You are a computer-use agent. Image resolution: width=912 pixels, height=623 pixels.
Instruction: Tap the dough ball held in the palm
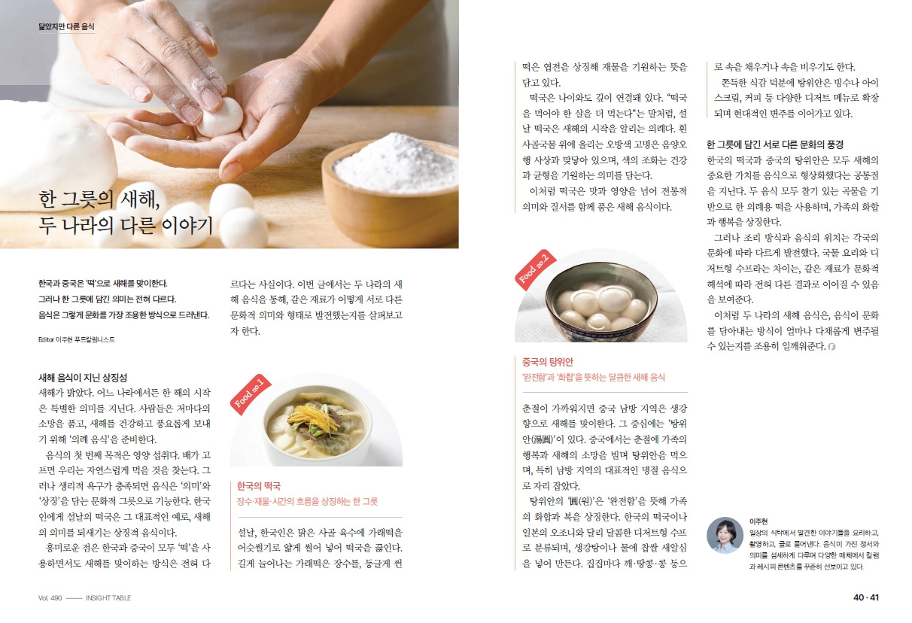(x=220, y=117)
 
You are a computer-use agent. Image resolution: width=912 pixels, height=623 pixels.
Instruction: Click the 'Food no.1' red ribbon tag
(x=250, y=394)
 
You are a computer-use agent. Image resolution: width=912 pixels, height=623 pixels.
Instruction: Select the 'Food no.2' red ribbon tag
(x=535, y=269)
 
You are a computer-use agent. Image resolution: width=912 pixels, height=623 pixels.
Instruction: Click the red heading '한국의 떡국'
(x=259, y=486)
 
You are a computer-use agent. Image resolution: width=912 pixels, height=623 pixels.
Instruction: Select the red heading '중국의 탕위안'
(x=547, y=362)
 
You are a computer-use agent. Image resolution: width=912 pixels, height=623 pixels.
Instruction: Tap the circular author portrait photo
(x=725, y=535)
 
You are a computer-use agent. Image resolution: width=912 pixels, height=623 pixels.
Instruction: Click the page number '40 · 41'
(x=866, y=597)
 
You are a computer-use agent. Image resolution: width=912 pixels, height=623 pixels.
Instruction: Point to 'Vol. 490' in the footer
(x=50, y=597)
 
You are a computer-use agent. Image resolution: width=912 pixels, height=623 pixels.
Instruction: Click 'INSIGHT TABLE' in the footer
(x=108, y=597)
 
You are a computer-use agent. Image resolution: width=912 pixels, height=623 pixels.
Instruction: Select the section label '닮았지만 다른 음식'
(x=66, y=27)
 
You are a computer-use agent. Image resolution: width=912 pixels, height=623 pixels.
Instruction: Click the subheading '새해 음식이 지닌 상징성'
(x=83, y=378)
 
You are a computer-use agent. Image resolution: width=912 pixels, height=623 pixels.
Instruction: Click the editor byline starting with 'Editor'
(x=77, y=339)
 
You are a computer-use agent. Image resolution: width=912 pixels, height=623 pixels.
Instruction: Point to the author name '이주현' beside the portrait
(x=758, y=521)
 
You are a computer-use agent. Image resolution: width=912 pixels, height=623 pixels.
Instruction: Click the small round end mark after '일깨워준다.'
(x=831, y=347)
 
